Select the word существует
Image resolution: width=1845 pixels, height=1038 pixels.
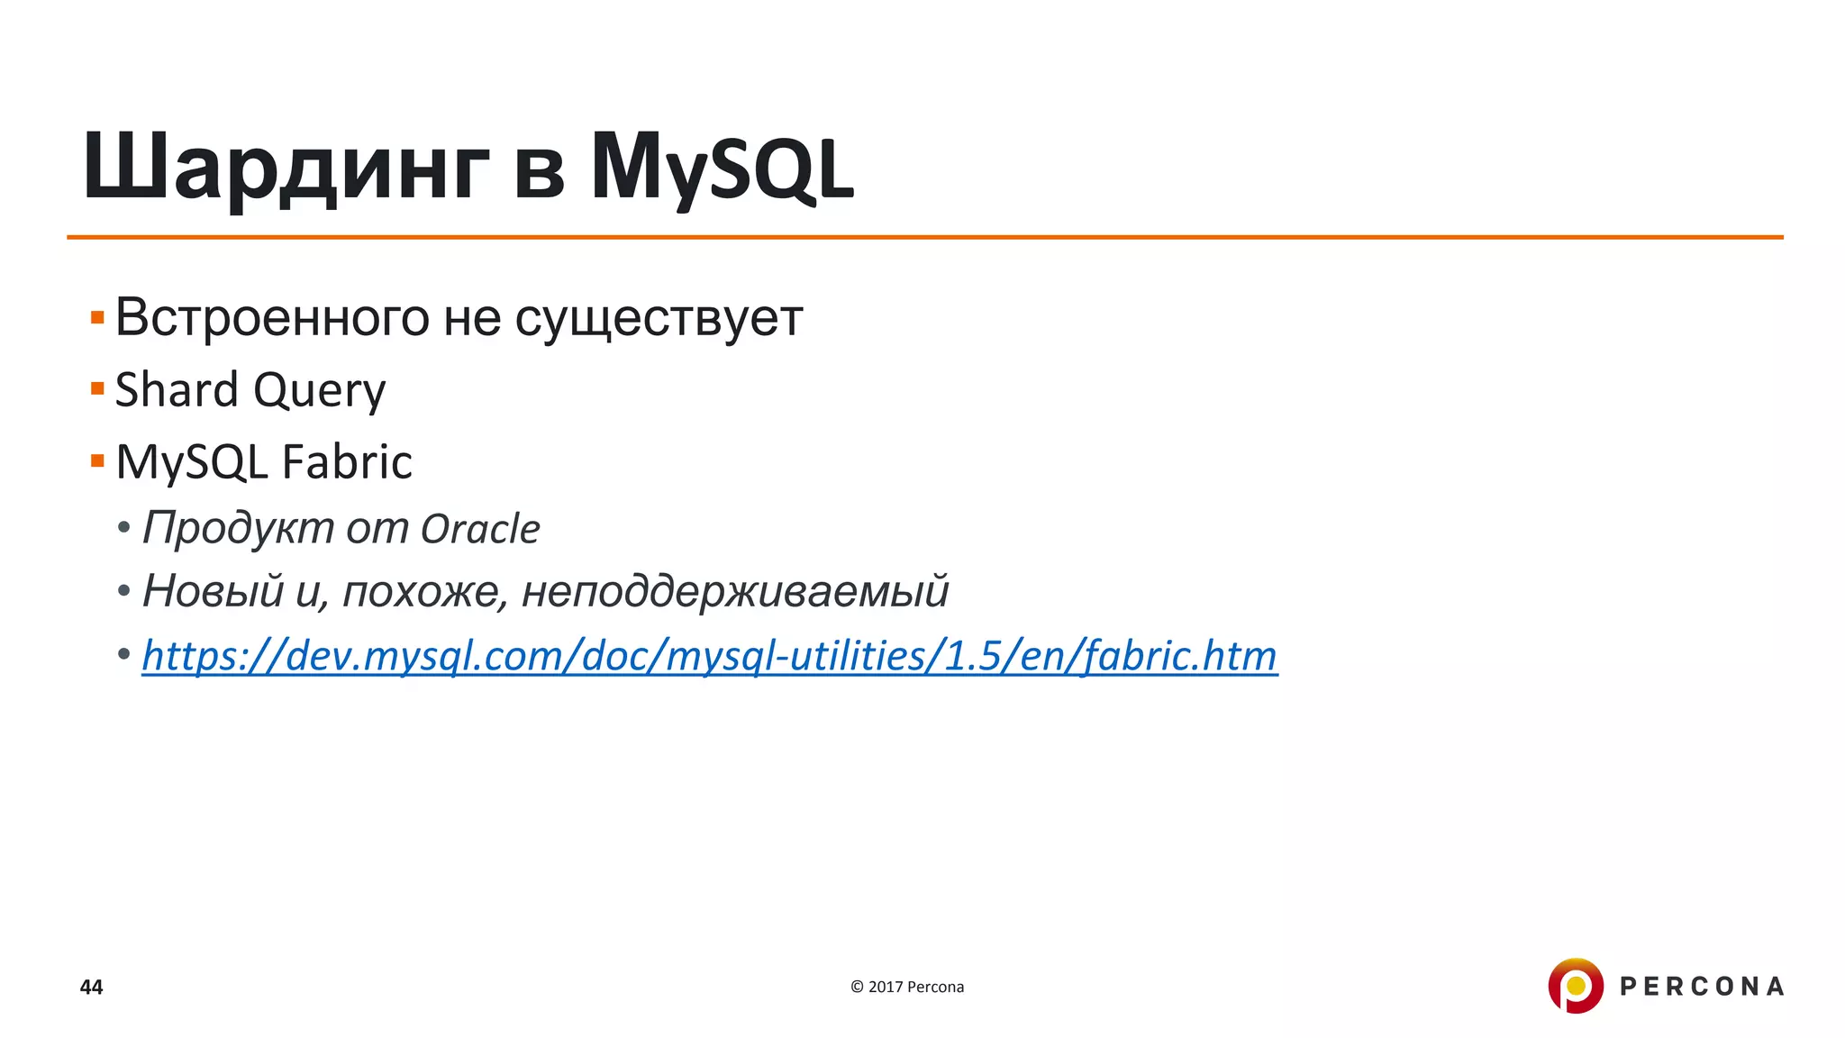point(659,318)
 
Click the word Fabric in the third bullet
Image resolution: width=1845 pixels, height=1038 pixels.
point(347,462)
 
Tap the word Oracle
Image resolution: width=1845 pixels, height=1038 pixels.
point(480,529)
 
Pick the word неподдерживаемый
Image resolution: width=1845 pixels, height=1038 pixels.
point(735,592)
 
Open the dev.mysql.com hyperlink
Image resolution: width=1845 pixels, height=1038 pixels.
point(709,656)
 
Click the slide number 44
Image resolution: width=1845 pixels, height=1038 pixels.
point(91,987)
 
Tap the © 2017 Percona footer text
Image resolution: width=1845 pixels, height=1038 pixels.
point(906,987)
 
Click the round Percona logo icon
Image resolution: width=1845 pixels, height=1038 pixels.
point(1575,986)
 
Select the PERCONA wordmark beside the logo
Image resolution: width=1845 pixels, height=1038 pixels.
point(1702,987)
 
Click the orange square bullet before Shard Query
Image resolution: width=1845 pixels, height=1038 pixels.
point(97,389)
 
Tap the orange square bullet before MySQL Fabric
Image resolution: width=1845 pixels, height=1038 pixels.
point(97,461)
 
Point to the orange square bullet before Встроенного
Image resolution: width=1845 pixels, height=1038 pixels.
point(97,317)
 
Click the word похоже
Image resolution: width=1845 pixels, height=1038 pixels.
point(421,592)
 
